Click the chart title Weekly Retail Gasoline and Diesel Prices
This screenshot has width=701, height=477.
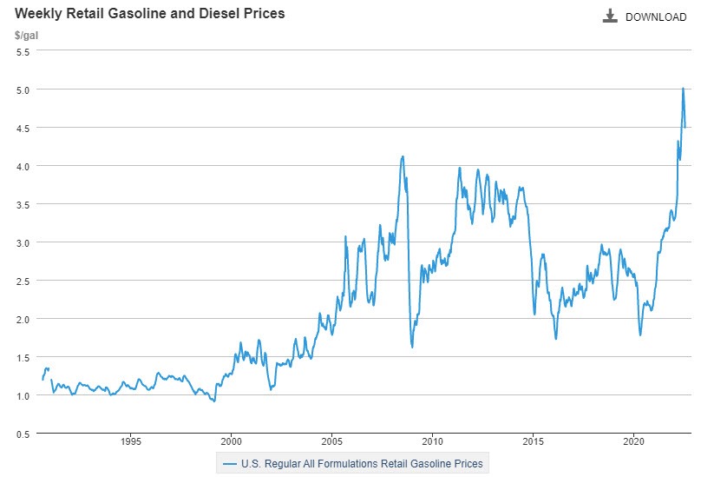point(149,15)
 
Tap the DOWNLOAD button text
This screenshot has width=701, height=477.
point(655,17)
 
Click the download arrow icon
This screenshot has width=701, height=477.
point(610,17)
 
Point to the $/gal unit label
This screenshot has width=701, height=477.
point(26,36)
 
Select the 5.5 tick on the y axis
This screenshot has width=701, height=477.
point(23,51)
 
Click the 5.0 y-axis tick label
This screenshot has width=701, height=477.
point(23,89)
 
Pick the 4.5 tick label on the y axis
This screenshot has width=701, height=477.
point(23,128)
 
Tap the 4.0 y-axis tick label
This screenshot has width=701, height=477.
point(23,166)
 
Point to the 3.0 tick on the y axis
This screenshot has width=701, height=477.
point(23,242)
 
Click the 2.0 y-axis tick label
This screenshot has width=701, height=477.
point(23,319)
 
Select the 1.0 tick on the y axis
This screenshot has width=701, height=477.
point(23,395)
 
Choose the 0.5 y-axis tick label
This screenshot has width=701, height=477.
point(23,434)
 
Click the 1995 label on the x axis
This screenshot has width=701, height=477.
point(130,441)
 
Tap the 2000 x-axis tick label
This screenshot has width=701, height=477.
point(231,441)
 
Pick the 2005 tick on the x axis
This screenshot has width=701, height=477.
point(331,441)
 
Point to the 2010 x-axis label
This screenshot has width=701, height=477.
point(432,441)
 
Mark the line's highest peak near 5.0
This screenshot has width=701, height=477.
point(683,89)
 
